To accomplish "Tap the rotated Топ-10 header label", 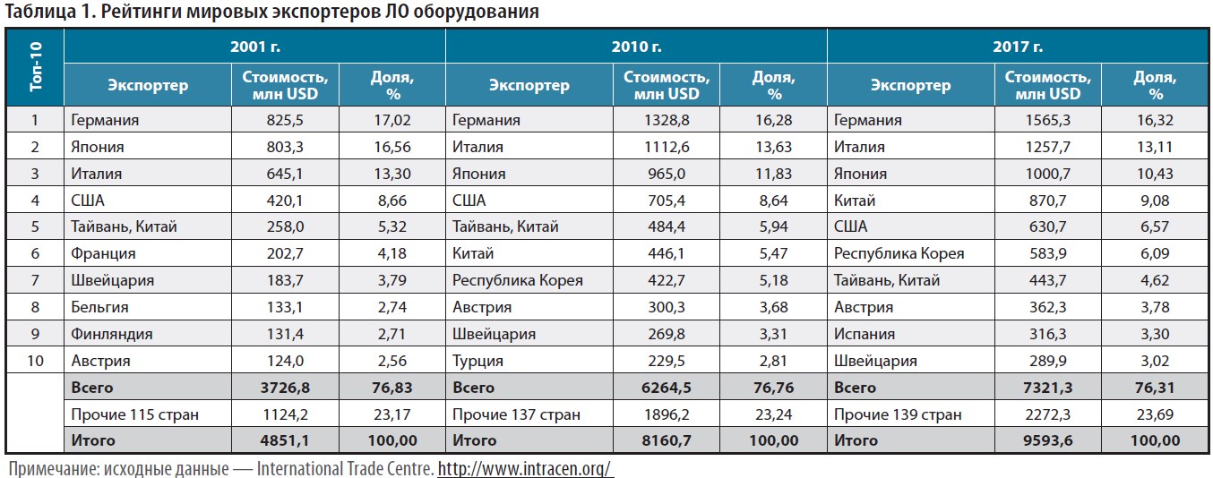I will click(36, 67).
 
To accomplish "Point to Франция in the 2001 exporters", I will click(103, 254).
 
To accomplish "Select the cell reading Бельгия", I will click(99, 308).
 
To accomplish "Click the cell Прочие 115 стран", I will click(134, 414).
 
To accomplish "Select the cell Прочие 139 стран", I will click(897, 414).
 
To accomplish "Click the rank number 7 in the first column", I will click(36, 281).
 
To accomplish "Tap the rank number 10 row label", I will click(36, 362).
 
